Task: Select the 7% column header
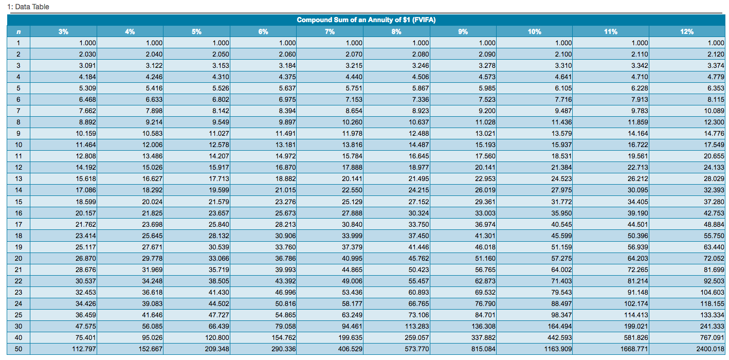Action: (x=330, y=31)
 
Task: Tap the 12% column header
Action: (x=687, y=31)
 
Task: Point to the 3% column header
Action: (x=63, y=31)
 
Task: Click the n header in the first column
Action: (x=18, y=31)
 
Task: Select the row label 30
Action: (x=18, y=326)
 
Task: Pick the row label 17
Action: (x=18, y=224)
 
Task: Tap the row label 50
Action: (x=18, y=349)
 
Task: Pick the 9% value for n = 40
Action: (x=483, y=337)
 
